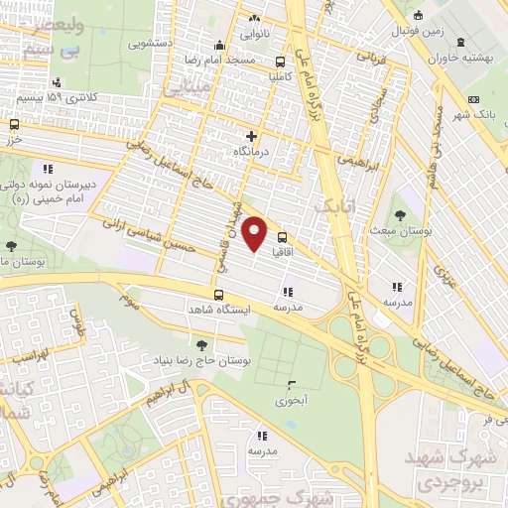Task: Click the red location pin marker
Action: pyautogui.click(x=255, y=233)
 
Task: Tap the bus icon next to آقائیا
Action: pyautogui.click(x=283, y=237)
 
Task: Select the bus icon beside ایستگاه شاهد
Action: pyautogui.click(x=219, y=295)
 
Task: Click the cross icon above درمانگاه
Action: pyautogui.click(x=251, y=135)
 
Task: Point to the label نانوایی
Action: pyautogui.click(x=253, y=33)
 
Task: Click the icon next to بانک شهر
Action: pyautogui.click(x=473, y=99)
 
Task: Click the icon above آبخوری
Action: pyautogui.click(x=291, y=385)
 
